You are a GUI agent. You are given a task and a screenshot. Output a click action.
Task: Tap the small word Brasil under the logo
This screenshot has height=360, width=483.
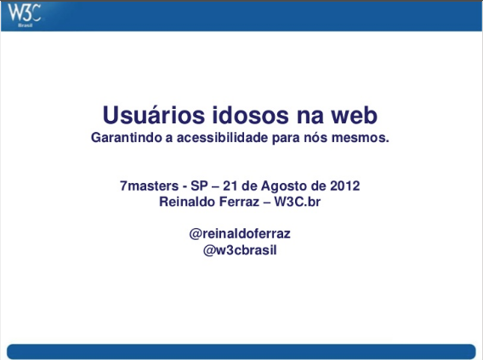[x=26, y=26]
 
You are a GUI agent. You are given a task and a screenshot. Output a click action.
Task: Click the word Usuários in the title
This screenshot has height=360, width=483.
[x=154, y=115]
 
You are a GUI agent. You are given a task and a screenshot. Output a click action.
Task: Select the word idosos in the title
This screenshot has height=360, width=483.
[x=251, y=115]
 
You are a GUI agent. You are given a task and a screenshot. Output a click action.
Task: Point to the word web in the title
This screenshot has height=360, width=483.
[x=355, y=115]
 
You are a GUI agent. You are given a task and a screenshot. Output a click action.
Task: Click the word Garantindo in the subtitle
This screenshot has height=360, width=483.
[x=127, y=138]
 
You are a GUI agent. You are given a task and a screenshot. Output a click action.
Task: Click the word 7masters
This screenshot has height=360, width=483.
[x=149, y=186]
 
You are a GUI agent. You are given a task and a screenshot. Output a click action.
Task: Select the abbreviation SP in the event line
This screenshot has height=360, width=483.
[x=199, y=186]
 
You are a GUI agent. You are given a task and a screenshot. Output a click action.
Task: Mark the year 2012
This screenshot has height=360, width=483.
[x=345, y=186]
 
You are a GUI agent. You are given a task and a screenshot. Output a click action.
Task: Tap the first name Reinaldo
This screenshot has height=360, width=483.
[x=185, y=202]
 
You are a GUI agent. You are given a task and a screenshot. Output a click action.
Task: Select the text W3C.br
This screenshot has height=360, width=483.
[x=298, y=202]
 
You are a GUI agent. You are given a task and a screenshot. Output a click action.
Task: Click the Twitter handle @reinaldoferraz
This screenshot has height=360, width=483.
[x=240, y=234]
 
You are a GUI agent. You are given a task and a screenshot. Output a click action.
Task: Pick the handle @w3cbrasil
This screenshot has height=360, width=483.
[x=240, y=250]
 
